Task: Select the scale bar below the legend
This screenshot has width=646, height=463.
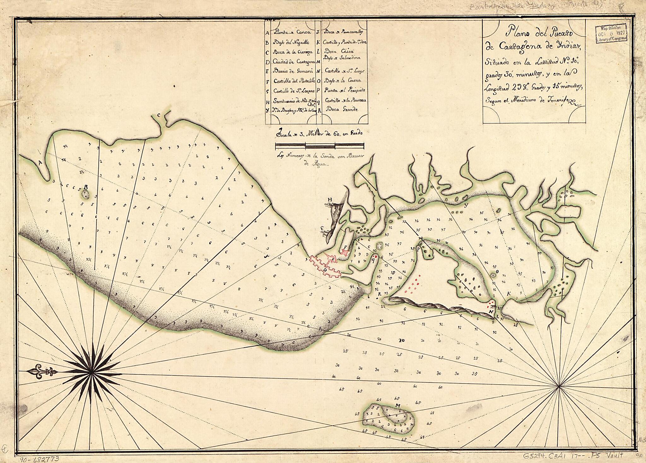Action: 320,146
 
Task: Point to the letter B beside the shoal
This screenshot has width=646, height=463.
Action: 85,187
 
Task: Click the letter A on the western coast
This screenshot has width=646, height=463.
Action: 40,163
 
